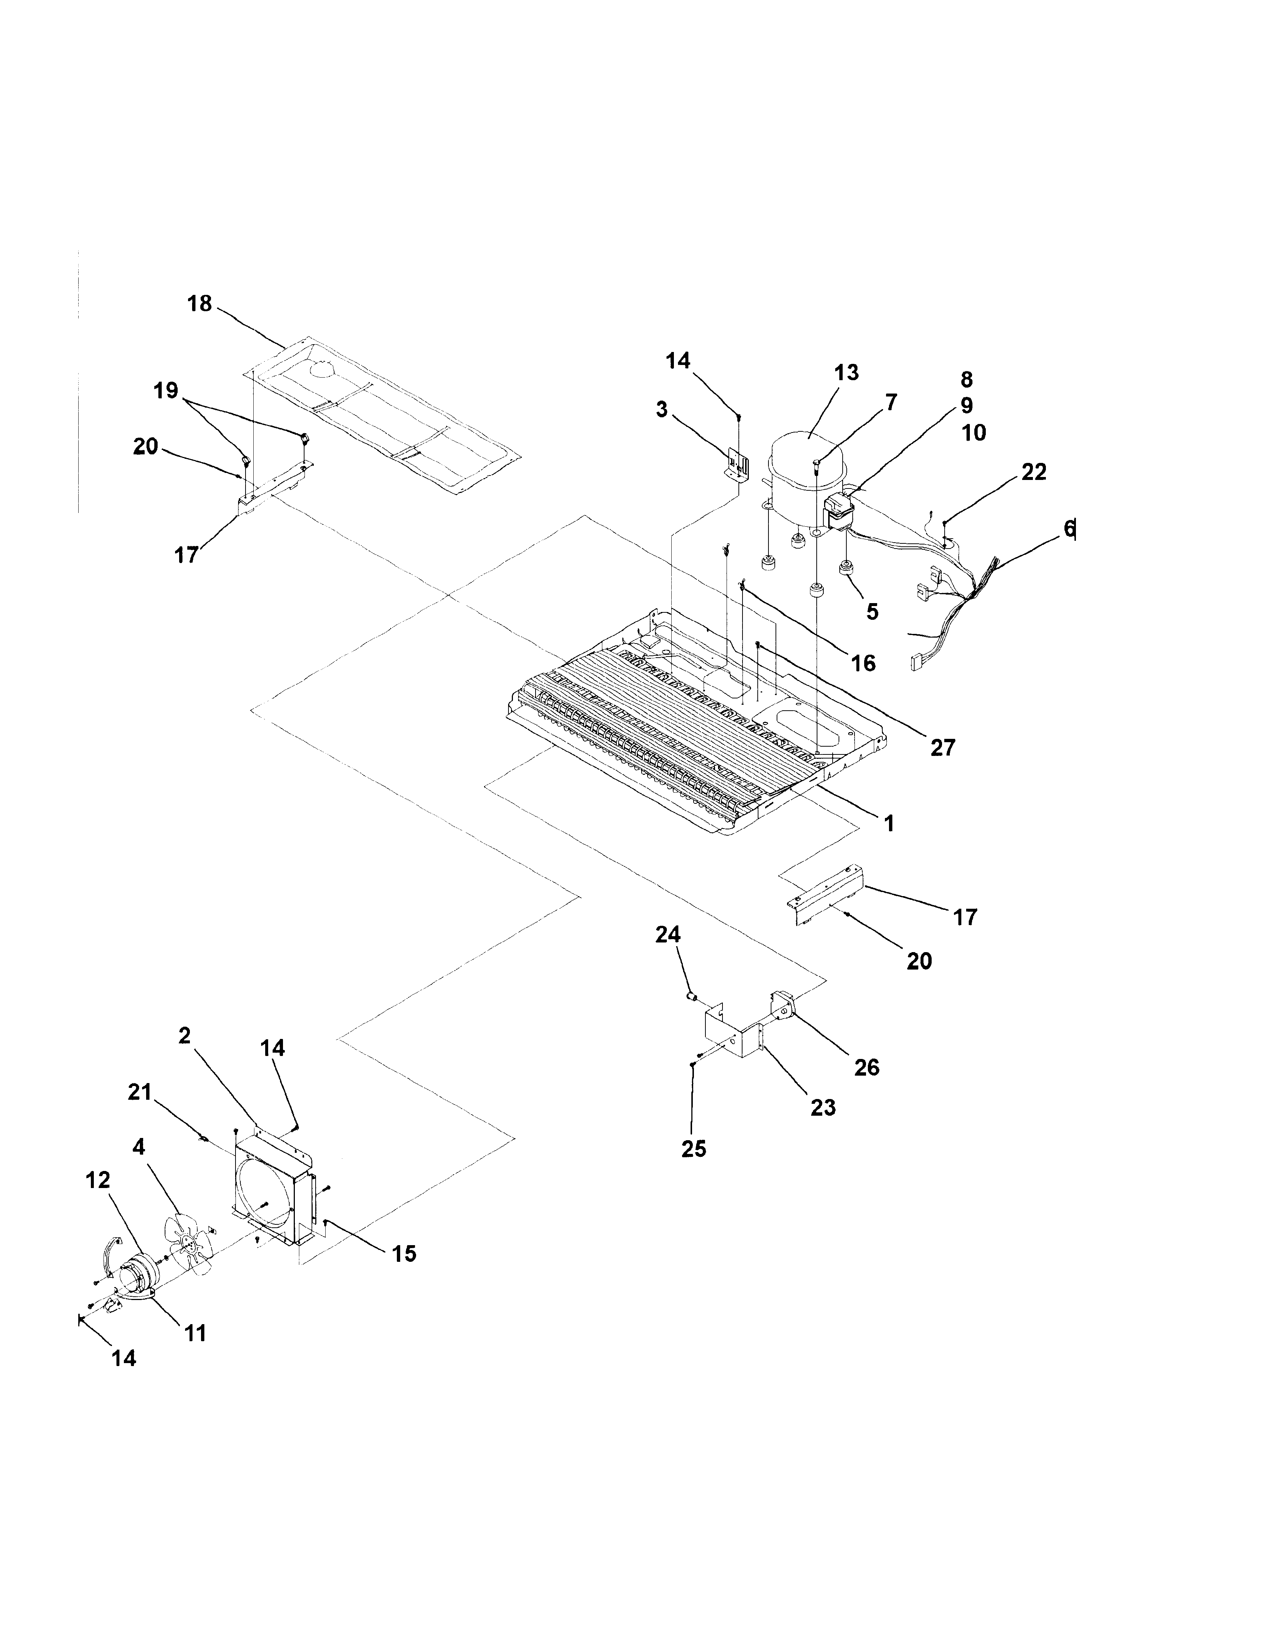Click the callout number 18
pyautogui.click(x=200, y=304)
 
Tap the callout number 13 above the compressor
pyautogui.click(x=846, y=373)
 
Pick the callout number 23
pyautogui.click(x=823, y=1108)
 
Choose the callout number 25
pyautogui.click(x=693, y=1149)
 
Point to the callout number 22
pyautogui.click(x=1034, y=472)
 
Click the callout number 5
pyautogui.click(x=872, y=612)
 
